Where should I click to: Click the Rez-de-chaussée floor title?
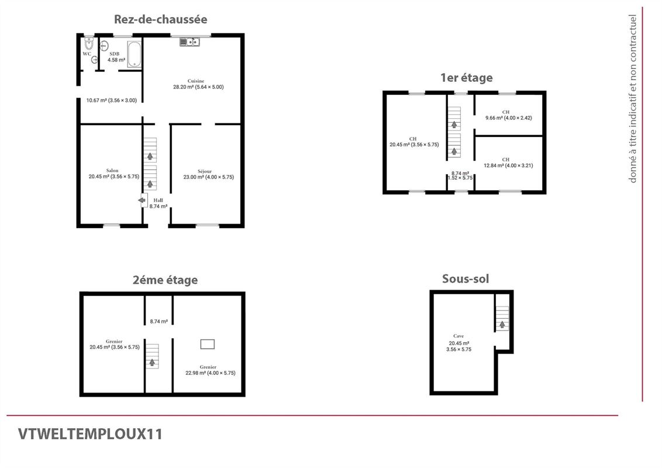click(160, 19)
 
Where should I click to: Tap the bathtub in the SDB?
click(134, 54)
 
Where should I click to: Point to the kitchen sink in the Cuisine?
click(190, 42)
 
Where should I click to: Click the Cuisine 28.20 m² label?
click(198, 84)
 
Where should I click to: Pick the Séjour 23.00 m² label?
click(208, 174)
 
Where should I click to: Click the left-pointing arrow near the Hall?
click(142, 201)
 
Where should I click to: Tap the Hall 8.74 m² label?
click(158, 203)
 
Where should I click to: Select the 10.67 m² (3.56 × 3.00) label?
click(111, 100)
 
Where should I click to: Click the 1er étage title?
click(466, 77)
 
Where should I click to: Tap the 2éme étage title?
click(165, 280)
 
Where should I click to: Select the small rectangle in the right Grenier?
click(208, 344)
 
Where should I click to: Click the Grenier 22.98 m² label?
click(210, 370)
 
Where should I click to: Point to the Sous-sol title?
click(466, 278)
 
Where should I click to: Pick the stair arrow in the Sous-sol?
click(502, 324)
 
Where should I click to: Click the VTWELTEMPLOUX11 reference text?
click(90, 434)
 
